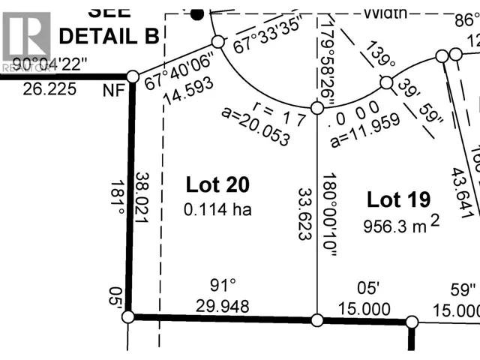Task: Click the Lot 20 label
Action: pos(217,184)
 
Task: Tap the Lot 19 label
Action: pos(398,199)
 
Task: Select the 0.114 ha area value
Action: pos(217,210)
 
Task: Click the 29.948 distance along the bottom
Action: pos(222,306)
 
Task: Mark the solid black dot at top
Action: pos(198,13)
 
